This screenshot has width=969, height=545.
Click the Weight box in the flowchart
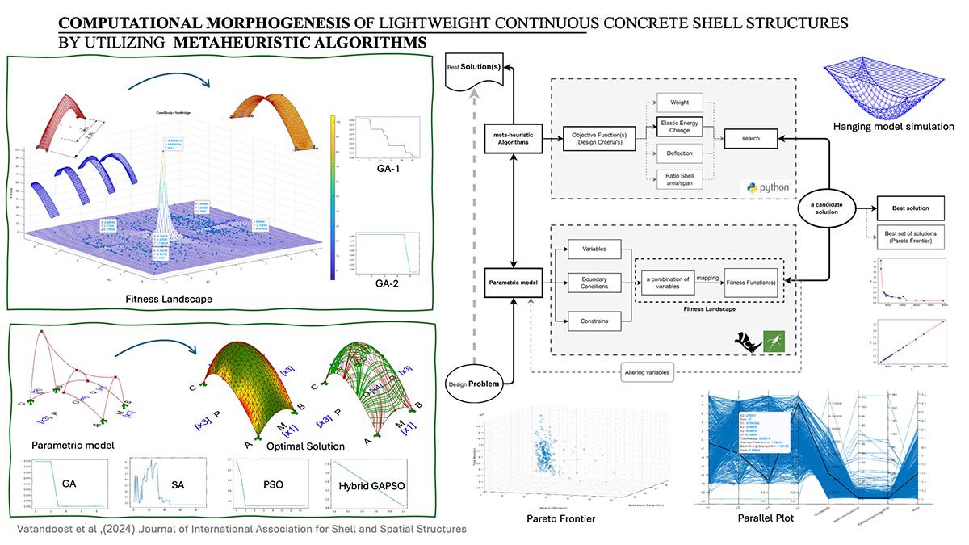(x=679, y=103)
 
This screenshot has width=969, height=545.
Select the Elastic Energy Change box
(x=679, y=126)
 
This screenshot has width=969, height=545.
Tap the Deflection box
(x=679, y=153)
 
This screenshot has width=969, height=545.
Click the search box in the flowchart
(x=751, y=139)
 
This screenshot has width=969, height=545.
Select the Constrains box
(x=594, y=321)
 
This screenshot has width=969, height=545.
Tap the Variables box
(x=594, y=249)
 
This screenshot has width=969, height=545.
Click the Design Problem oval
(x=478, y=382)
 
